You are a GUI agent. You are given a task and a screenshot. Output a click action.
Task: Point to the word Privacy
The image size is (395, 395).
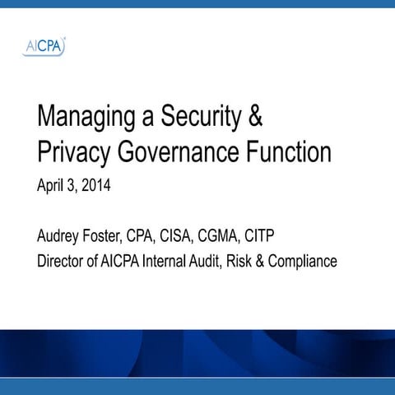73,154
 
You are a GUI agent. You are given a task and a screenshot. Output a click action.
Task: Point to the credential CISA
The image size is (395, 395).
187,239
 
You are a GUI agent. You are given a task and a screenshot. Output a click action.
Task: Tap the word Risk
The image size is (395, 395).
258,263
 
